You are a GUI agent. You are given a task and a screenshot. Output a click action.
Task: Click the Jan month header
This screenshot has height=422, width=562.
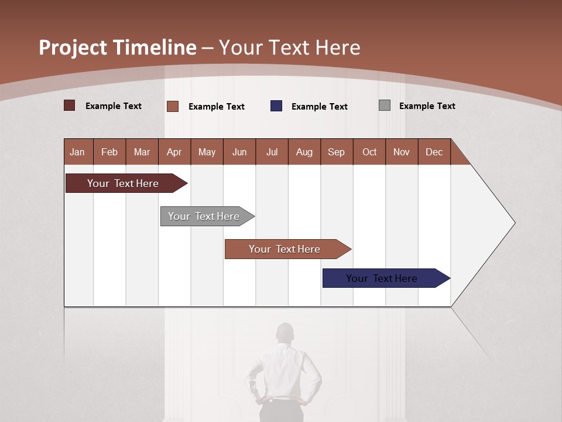77,152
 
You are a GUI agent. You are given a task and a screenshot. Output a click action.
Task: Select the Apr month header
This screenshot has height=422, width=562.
174,152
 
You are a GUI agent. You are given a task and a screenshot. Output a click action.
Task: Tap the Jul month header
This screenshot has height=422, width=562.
272,152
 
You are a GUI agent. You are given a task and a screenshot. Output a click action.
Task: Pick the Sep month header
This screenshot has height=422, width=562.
336,152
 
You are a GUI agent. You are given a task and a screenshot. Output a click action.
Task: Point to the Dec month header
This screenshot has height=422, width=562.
434,152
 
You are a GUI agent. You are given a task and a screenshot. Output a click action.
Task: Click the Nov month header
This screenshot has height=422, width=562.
401,152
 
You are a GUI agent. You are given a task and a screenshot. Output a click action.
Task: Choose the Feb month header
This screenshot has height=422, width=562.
109,152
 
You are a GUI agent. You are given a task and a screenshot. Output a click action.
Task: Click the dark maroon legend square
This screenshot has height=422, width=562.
70,105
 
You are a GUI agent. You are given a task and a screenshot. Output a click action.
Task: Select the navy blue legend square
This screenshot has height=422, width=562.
276,106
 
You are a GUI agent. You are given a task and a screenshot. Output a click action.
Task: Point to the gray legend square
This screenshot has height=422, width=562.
385,105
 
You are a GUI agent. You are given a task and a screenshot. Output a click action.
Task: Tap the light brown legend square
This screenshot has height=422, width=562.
173,106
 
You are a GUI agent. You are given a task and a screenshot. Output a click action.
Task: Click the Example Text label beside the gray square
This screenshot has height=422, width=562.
427,106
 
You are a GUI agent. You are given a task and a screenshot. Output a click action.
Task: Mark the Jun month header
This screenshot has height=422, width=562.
239,152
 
